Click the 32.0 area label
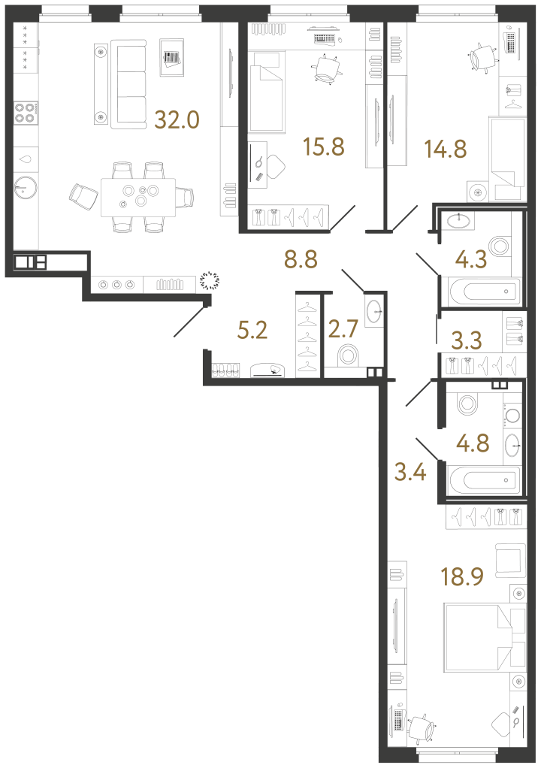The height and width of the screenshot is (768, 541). [177, 119]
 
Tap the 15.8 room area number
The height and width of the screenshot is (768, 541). [323, 146]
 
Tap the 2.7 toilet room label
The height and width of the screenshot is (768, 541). [345, 329]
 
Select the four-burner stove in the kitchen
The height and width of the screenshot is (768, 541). [25, 112]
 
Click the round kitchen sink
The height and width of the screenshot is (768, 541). [26, 185]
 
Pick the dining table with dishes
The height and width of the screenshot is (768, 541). [139, 196]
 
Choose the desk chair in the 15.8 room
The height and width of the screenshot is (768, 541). [326, 69]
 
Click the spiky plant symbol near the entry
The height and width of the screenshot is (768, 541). [210, 282]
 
